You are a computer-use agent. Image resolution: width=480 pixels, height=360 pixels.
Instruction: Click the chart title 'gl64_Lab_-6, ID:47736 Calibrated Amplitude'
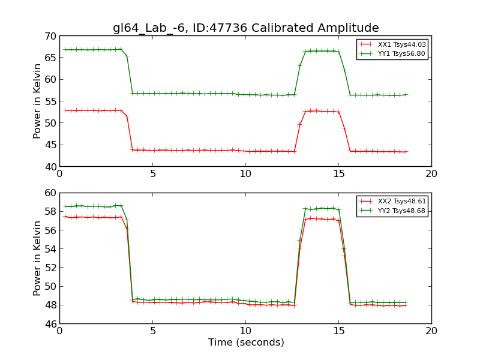pos(245,28)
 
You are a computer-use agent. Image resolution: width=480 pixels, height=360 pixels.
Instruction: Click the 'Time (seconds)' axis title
pos(245,343)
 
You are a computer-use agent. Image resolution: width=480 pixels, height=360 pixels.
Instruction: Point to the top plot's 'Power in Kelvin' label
pos(37,101)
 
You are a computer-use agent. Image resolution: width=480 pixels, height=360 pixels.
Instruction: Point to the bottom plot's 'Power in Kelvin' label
pos(37,258)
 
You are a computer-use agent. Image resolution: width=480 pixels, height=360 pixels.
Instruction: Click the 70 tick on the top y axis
pos(50,36)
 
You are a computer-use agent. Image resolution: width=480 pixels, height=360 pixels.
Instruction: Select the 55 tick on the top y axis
pos(50,101)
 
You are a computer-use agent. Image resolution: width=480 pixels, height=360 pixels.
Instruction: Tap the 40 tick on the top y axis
pos(50,166)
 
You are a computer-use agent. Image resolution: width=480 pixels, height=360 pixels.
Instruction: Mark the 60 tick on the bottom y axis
pos(50,193)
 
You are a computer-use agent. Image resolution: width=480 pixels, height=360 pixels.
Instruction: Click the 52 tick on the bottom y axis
pos(50,268)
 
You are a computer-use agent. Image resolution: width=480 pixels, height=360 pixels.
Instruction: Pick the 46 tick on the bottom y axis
pos(50,323)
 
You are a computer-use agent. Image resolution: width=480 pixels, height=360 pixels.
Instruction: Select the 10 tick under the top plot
pos(245,174)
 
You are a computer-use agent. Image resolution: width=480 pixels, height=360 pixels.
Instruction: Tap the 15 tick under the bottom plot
pos(338,331)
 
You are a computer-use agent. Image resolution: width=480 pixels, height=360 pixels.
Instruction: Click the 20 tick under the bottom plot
pos(431,331)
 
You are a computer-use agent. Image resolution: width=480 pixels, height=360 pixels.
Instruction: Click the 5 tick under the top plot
pos(152,174)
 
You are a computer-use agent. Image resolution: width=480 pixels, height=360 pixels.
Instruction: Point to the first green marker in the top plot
pos(65,49)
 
